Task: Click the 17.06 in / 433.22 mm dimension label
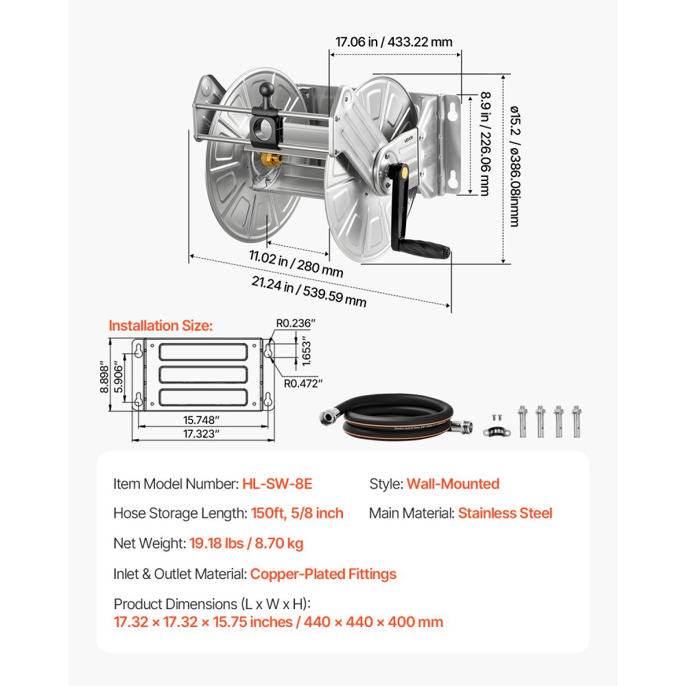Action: tap(394, 41)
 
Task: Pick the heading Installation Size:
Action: tap(161, 325)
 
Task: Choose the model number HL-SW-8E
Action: tap(277, 484)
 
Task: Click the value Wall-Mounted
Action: tap(453, 484)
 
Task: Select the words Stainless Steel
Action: tap(505, 513)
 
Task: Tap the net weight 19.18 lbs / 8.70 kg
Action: tap(245, 543)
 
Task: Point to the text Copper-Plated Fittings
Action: tap(323, 573)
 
